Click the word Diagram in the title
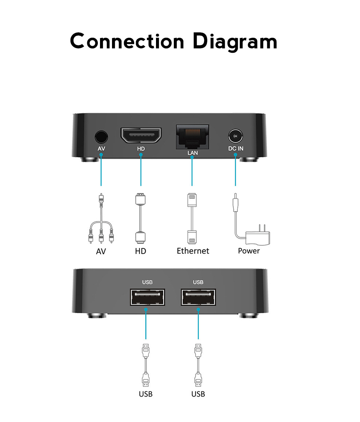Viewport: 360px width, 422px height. (x=235, y=42)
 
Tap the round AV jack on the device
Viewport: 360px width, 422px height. (x=101, y=137)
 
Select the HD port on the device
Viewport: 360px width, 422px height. (x=141, y=136)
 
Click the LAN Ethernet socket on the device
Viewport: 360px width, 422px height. (x=192, y=136)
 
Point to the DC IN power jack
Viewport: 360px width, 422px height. (x=235, y=137)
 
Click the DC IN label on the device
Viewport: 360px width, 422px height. (x=236, y=148)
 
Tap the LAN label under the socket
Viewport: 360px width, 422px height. (x=192, y=153)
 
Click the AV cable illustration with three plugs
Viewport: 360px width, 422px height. (x=101, y=220)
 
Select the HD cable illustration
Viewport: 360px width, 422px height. (x=140, y=218)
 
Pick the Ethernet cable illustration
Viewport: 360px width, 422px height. (x=192, y=218)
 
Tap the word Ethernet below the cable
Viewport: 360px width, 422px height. (x=193, y=251)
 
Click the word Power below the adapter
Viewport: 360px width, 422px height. (x=249, y=251)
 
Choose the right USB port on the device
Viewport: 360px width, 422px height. (x=198, y=298)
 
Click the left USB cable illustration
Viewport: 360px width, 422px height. (x=145, y=365)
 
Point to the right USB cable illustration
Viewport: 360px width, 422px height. (x=198, y=365)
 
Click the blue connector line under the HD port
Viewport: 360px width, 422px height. (x=141, y=171)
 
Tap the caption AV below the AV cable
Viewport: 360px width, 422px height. (x=101, y=251)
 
